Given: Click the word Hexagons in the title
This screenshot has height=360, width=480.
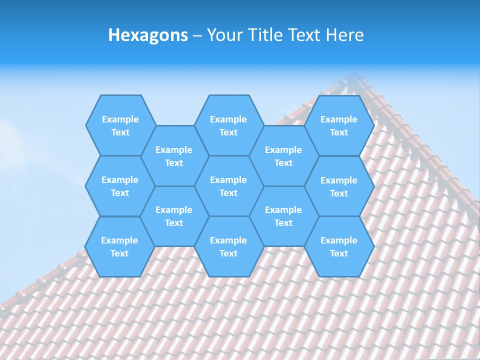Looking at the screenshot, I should pos(148,35).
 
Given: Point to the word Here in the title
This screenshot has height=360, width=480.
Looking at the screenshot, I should pos(345,35).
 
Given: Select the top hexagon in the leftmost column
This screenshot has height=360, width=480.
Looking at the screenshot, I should pos(120,125).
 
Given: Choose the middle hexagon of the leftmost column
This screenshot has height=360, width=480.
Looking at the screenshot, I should pos(120,186).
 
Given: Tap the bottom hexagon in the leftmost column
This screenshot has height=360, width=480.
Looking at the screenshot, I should pos(119,246).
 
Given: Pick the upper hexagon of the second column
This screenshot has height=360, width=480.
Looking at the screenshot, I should pos(174,156).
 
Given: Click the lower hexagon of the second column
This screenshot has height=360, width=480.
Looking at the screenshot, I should pos(174,216).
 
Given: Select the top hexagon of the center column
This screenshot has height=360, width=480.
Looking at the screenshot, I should pos(228,125).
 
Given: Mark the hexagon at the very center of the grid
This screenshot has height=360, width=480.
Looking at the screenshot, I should pos(228,186).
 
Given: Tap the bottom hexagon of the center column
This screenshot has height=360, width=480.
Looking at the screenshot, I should pos(228,246).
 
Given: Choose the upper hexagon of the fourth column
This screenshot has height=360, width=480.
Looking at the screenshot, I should pos(283,156).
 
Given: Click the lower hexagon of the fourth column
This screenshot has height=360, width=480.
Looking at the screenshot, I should pos(283,216).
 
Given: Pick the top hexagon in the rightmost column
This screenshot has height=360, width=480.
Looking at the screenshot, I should pos(339,125).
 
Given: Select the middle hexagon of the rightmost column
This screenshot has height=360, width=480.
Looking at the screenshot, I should pos(339,186).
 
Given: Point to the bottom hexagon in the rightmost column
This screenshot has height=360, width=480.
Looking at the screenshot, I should pos(339,246).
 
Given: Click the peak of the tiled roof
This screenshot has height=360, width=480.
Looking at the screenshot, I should pos(355,76).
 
